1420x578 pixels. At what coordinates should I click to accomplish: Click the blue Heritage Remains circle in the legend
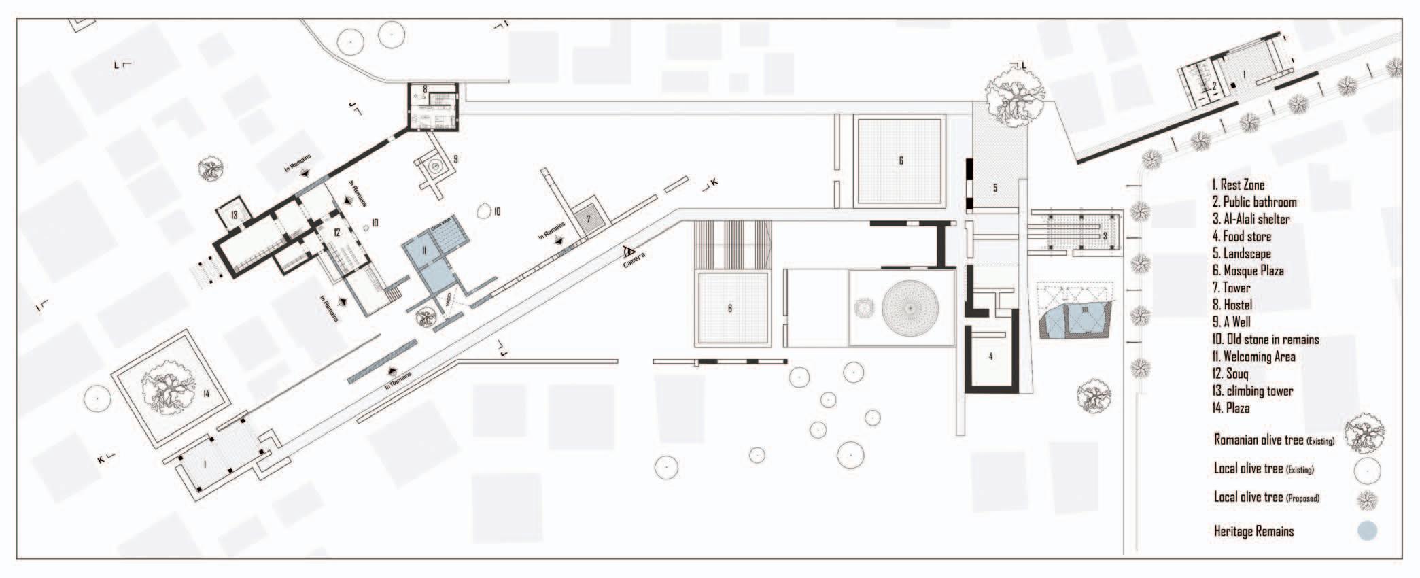[x=1367, y=531]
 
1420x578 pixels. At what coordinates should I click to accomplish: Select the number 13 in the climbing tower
[x=234, y=216]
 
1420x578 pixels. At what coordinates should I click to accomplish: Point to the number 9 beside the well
[x=455, y=160]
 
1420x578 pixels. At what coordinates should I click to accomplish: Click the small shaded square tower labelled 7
[x=589, y=218]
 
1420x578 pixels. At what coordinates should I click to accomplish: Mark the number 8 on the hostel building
[x=425, y=89]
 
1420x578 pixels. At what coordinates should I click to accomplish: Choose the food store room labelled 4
[x=990, y=356]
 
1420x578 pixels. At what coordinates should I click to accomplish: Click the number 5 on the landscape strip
[x=994, y=188]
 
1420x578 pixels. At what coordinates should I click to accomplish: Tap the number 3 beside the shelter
[x=1105, y=236]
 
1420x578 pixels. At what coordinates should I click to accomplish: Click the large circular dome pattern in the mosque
[x=911, y=308]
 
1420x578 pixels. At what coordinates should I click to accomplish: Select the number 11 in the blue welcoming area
[x=424, y=250]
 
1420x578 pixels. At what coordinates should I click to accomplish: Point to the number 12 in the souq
[x=336, y=233]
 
